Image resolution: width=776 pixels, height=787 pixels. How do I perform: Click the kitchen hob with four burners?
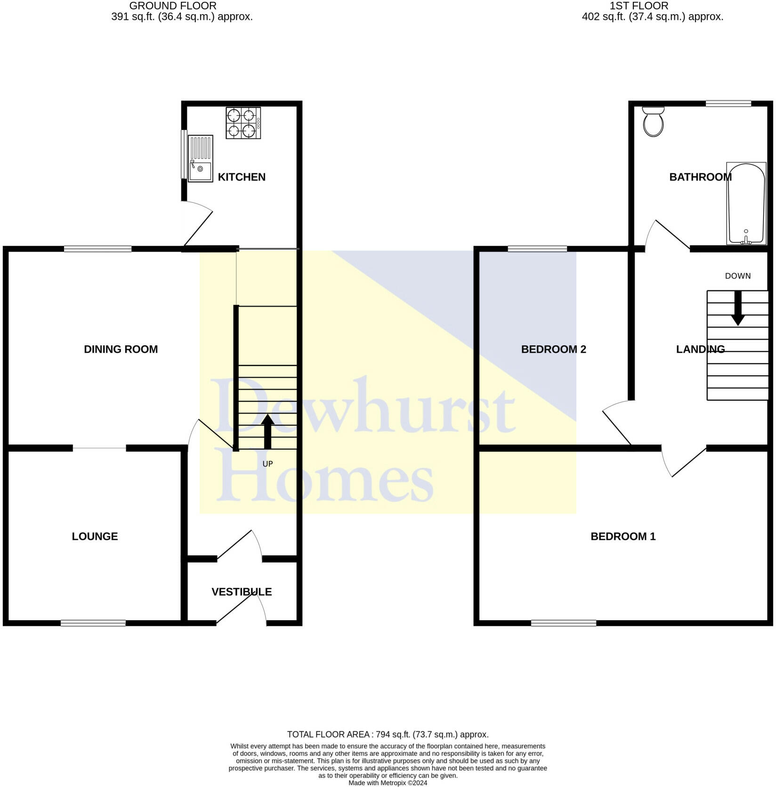[x=243, y=123]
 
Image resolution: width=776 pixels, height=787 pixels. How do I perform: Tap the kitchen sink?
[x=200, y=159]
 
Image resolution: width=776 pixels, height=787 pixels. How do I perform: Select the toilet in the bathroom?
[x=653, y=122]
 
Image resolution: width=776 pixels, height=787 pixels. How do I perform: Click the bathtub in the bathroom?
[x=746, y=203]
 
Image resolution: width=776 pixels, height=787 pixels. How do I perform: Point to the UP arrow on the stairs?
[x=267, y=431]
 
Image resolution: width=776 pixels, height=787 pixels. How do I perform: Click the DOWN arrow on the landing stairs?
[x=738, y=308]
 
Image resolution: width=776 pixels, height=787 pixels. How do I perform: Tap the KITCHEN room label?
[x=242, y=177]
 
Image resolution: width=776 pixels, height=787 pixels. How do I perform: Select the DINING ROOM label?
[x=121, y=349]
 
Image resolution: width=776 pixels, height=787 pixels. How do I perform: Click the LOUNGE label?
[x=95, y=536]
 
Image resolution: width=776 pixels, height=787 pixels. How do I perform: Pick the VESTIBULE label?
[x=242, y=592]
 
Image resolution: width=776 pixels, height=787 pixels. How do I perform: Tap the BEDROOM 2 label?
[x=553, y=349]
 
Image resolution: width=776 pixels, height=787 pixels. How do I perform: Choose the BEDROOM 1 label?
[x=623, y=536]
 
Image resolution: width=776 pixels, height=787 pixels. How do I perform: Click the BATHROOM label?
[x=700, y=177]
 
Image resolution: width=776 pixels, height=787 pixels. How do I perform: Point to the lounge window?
[x=93, y=623]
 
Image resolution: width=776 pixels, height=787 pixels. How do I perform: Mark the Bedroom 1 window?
[x=564, y=623]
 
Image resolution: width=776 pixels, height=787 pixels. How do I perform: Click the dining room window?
[x=98, y=249]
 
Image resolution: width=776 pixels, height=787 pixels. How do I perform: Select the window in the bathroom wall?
[x=728, y=104]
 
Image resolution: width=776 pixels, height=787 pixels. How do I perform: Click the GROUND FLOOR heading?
[x=173, y=6]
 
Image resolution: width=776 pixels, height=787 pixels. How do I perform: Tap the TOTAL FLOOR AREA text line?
[x=388, y=734]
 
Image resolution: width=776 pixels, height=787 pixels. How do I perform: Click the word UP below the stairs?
[x=267, y=464]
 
